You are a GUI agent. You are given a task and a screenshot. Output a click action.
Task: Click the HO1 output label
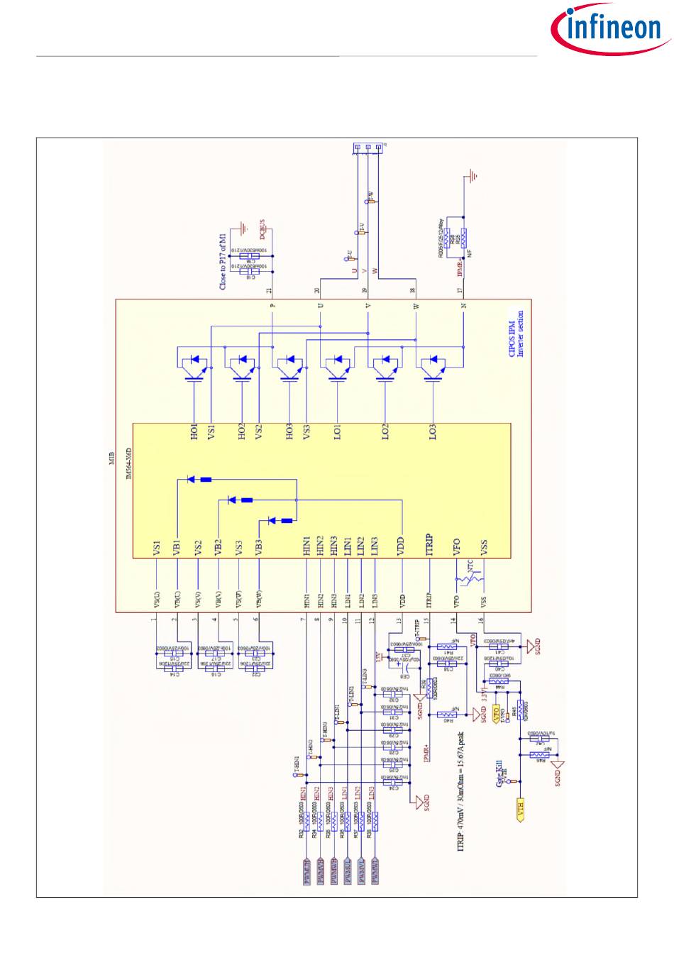194,431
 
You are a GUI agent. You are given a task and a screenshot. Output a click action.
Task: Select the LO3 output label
432,431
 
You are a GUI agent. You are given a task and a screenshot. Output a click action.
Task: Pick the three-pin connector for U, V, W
367,148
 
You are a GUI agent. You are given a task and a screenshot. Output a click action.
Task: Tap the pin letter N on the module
463,306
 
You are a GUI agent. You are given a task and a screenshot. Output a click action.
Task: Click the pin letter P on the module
272,306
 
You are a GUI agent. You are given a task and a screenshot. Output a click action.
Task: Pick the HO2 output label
242,431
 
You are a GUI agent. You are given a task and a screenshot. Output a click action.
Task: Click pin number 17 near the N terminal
460,290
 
